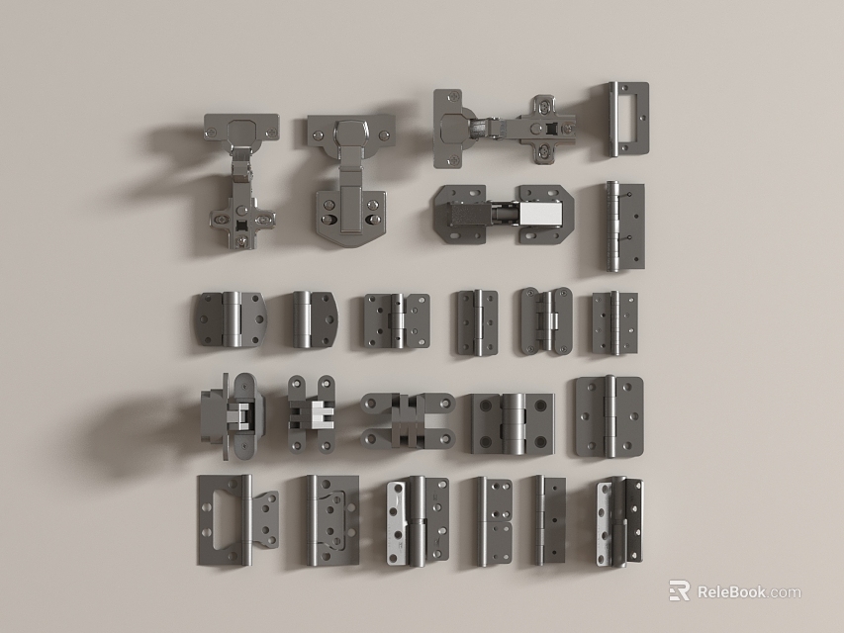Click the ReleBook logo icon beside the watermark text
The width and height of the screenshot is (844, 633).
click(x=679, y=590)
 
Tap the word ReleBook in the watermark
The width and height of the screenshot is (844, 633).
click(x=731, y=592)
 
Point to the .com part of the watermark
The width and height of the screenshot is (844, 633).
click(x=785, y=593)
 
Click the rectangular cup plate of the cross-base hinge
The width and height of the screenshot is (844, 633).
click(x=241, y=128)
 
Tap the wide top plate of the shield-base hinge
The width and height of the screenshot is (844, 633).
click(x=350, y=131)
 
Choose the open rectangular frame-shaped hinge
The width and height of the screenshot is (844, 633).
click(x=626, y=119)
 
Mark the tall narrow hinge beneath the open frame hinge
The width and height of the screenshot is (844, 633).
click(x=623, y=226)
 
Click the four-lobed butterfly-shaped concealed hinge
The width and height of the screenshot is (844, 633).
click(x=407, y=419)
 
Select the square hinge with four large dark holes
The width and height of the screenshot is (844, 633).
click(x=511, y=422)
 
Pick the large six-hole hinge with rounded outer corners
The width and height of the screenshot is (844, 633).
click(x=609, y=415)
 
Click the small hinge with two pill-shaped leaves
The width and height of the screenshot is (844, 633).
click(x=545, y=320)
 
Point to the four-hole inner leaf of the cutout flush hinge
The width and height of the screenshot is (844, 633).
click(x=262, y=521)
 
